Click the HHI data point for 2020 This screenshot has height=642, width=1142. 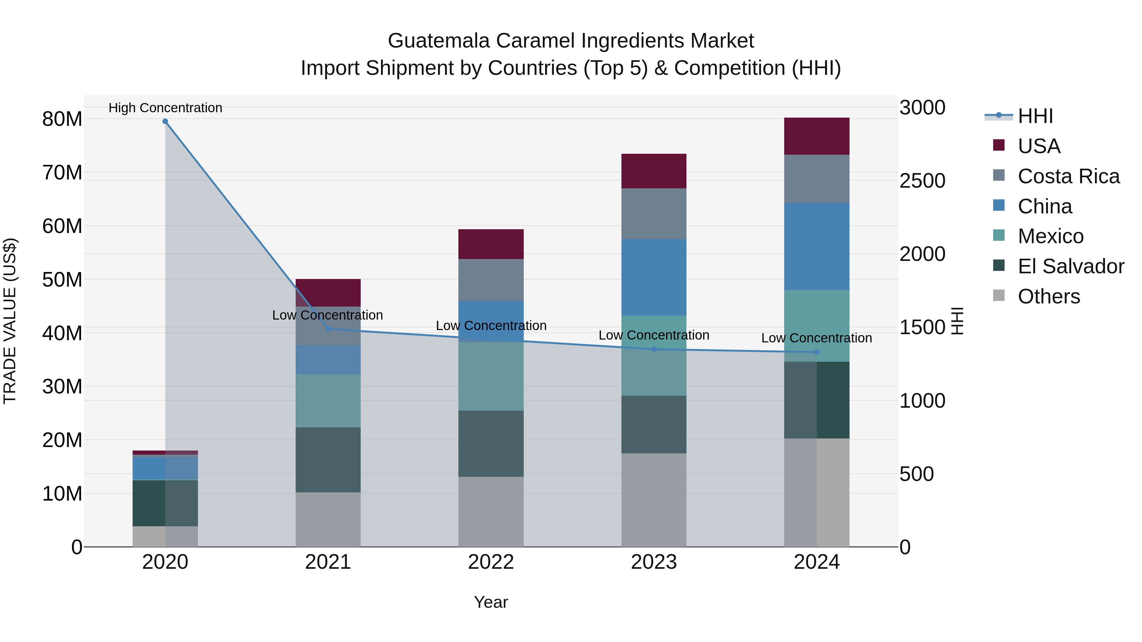point(165,121)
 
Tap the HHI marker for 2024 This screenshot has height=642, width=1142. point(817,352)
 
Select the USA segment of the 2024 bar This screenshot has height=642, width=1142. point(817,136)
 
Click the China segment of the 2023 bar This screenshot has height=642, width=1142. point(653,277)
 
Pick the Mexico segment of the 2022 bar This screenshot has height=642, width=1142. point(491,376)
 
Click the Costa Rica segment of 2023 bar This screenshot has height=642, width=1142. point(653,214)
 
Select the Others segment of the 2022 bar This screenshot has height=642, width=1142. point(491,511)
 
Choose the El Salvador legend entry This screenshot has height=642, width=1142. point(1071,266)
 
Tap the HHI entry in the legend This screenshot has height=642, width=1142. point(1035,116)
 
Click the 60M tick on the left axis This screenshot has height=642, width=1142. point(62,226)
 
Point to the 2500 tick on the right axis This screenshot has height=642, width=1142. point(922,181)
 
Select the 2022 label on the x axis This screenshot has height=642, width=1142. point(491,562)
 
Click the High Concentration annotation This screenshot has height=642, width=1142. point(165,108)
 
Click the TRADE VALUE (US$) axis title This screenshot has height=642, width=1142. point(10,321)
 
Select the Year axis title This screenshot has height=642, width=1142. point(491,602)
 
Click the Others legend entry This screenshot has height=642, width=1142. point(1048,296)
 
